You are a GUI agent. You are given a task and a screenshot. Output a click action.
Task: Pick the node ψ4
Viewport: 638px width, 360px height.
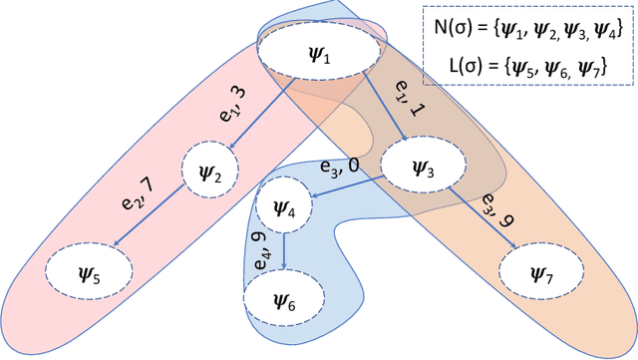coord(285,207)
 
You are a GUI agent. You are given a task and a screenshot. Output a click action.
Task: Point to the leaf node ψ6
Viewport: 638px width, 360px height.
coord(284,296)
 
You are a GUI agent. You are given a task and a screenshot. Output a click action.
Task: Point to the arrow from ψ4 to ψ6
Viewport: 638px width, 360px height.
coord(285,249)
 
